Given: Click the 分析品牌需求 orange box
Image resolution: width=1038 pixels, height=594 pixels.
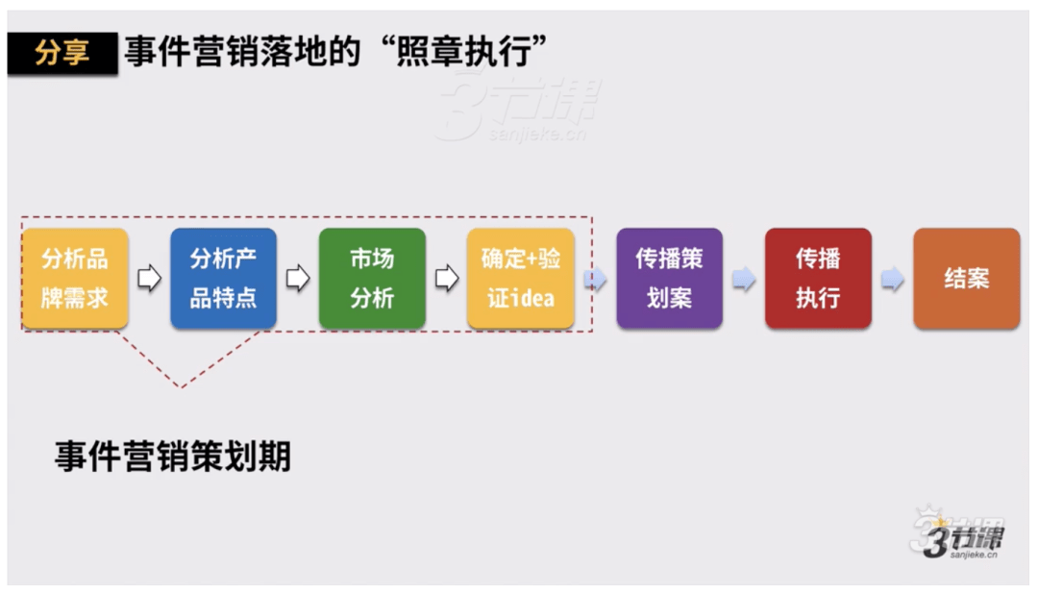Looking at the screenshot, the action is tap(75, 278).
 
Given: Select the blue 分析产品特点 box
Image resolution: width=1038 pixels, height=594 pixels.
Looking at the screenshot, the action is tap(223, 278).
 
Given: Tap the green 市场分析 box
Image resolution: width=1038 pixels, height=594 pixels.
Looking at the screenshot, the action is tap(372, 278).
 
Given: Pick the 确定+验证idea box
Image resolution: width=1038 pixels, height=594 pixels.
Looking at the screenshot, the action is tap(520, 278).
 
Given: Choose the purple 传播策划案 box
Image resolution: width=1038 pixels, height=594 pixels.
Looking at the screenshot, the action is tap(669, 278).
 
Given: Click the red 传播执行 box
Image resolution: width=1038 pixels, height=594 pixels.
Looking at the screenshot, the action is tap(818, 278).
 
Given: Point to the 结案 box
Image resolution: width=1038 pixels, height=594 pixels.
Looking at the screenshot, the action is tap(967, 278).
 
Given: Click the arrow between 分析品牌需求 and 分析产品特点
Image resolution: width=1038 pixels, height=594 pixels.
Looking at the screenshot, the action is tap(150, 278).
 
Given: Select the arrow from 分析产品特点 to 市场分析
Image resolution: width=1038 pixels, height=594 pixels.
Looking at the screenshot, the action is tap(298, 278).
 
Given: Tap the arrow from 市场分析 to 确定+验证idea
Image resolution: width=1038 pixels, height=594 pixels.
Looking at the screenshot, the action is tap(447, 278).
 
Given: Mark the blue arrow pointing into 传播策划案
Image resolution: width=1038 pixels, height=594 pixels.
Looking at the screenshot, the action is tap(595, 279).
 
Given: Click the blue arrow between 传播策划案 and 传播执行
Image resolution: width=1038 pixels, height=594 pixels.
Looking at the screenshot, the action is tap(744, 279).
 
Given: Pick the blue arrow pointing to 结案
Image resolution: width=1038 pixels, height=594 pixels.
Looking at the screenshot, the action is tap(892, 279).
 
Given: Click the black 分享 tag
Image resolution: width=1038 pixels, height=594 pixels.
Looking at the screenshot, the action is tap(62, 53).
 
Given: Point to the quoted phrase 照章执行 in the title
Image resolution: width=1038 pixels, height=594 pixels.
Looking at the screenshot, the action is tap(463, 51).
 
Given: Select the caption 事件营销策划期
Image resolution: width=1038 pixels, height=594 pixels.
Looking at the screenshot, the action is tap(173, 457).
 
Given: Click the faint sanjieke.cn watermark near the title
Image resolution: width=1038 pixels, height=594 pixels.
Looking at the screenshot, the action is tap(537, 136).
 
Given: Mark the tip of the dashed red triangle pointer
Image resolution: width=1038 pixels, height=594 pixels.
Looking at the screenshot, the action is tap(182, 386).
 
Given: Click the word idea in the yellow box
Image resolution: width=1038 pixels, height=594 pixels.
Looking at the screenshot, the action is tap(531, 299).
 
